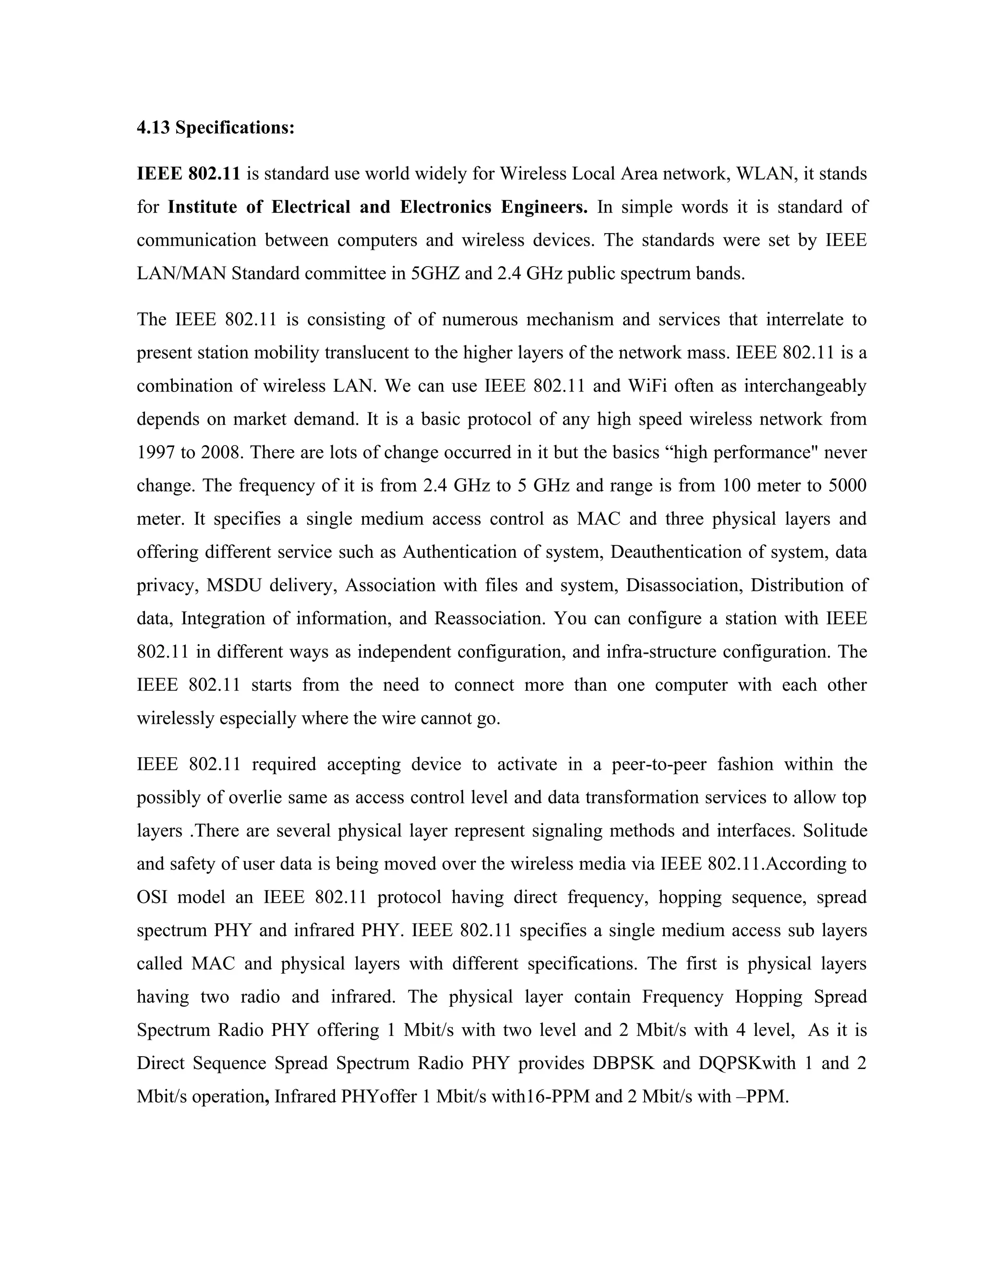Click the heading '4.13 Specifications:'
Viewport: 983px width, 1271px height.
coord(216,128)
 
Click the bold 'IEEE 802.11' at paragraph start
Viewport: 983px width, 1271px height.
coord(188,174)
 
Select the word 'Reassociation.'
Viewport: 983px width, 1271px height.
coord(490,618)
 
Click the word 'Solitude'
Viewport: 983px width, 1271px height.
coord(835,830)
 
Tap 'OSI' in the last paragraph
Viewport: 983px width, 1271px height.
coord(152,897)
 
